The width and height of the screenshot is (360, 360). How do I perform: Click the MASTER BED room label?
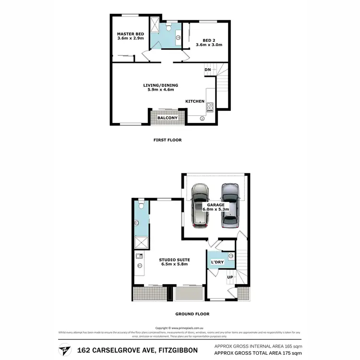pyautogui.click(x=131, y=34)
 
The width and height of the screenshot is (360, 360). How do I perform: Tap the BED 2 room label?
pyautogui.click(x=208, y=41)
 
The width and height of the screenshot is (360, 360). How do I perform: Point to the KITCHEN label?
pyautogui.click(x=195, y=101)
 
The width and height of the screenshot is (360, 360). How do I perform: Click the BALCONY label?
pyautogui.click(x=168, y=118)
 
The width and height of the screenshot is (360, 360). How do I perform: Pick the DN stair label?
pyautogui.click(x=208, y=70)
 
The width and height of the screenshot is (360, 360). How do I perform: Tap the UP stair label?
pyautogui.click(x=230, y=277)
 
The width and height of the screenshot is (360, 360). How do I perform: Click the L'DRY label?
pyautogui.click(x=217, y=262)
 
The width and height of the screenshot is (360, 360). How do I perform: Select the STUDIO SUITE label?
pyautogui.click(x=173, y=260)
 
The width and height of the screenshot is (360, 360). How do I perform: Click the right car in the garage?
pyautogui.click(x=230, y=206)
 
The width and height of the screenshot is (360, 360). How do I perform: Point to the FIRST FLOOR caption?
pyautogui.click(x=168, y=140)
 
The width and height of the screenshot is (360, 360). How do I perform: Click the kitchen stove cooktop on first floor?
pyautogui.click(x=210, y=107)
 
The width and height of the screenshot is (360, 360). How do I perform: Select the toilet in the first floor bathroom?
pyautogui.click(x=169, y=28)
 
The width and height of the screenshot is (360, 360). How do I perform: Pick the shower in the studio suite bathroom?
pyautogui.click(x=141, y=242)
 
